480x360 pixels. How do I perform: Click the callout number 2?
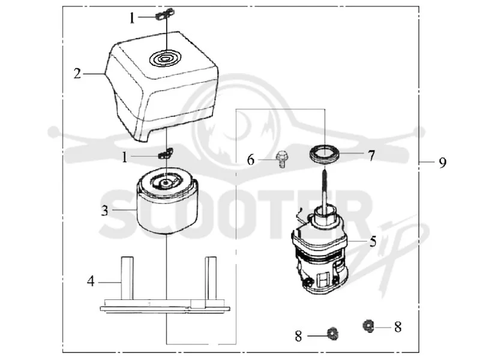77,73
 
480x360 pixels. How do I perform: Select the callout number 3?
104,211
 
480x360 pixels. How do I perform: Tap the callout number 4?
91,281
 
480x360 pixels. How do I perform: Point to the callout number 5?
373,242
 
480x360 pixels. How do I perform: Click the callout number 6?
251,160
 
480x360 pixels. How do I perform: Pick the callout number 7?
371,156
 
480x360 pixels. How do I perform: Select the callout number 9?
443,162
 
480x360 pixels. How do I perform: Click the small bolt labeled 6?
280,159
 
